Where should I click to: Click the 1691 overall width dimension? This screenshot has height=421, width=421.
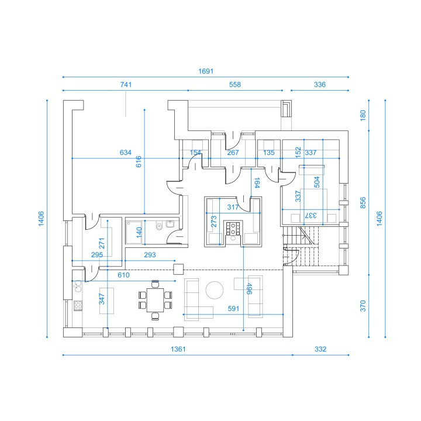click(x=206, y=71)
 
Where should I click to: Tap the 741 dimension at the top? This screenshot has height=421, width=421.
click(x=126, y=85)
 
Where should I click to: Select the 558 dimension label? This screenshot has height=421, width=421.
click(x=235, y=85)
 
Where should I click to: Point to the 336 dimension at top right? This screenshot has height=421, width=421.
click(x=320, y=85)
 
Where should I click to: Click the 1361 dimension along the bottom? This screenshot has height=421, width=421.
click(x=178, y=349)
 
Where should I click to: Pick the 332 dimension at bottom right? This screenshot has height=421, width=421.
click(x=320, y=349)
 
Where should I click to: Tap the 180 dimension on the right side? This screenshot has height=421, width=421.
click(x=363, y=115)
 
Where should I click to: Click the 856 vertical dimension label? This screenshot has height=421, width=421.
click(x=363, y=203)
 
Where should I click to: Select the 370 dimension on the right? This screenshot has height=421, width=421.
click(x=363, y=306)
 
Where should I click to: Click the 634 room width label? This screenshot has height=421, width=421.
click(x=125, y=153)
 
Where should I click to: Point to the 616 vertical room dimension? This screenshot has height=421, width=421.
click(x=139, y=161)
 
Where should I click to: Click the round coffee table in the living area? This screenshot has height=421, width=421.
click(x=215, y=290)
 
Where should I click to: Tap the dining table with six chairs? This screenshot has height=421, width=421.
click(x=155, y=300)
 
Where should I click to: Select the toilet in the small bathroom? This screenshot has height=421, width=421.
click(x=159, y=226)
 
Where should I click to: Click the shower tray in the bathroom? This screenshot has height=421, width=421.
click(x=134, y=233)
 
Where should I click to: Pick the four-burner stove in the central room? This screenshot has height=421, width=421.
click(x=233, y=229)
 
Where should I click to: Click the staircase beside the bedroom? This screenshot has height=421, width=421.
click(x=301, y=246)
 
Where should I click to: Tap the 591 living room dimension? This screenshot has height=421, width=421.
click(x=233, y=309)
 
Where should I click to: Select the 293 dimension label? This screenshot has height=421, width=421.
click(x=150, y=254)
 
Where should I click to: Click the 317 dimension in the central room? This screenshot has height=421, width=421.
click(x=233, y=207)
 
